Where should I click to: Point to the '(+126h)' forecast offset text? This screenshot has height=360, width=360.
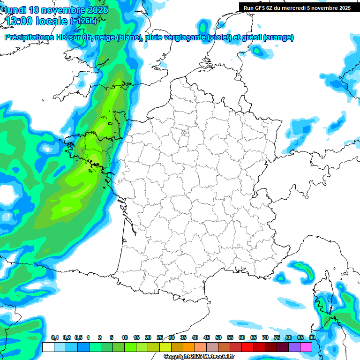coord(83,21)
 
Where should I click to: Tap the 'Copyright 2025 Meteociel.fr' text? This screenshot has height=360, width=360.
coord(199,357)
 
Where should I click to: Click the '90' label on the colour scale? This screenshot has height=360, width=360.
coord(312,337)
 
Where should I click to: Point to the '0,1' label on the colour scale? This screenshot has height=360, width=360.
coord(55,337)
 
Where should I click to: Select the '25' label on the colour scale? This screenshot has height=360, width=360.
coord(160,337)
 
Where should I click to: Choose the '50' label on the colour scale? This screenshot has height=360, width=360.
coord(218,337)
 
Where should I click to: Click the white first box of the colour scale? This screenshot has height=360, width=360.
coord(48,347)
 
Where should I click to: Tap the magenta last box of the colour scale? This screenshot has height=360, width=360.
coord(306,347)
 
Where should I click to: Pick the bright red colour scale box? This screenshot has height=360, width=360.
coord(247,347)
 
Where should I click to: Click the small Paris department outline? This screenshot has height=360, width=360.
coord(185,133)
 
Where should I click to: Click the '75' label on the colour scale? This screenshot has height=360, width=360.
coord(277,337)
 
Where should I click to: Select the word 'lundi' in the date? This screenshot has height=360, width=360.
coord(16,10)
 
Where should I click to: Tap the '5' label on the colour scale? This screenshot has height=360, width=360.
coord(112,337)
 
